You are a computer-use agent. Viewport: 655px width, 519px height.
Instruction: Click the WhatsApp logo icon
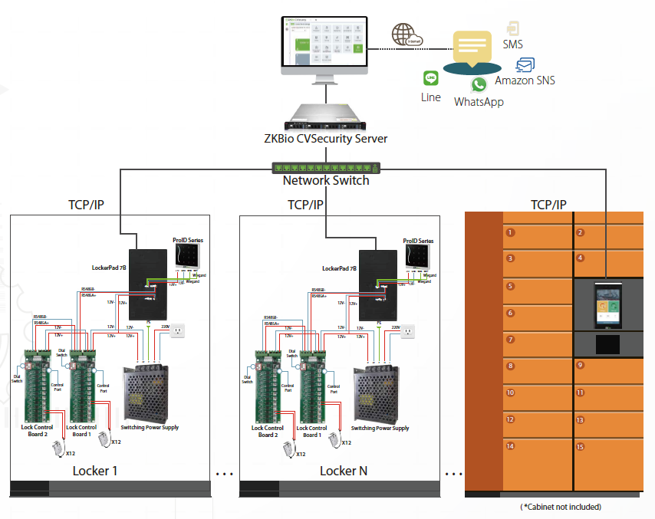[479, 85]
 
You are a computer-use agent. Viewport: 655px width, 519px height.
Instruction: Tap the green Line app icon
[430, 78]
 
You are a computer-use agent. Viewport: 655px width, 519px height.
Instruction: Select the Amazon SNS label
[525, 80]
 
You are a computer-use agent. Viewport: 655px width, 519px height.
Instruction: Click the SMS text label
[512, 44]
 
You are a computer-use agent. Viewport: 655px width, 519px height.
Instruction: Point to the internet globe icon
[402, 34]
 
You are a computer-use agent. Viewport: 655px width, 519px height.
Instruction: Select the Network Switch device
[326, 167]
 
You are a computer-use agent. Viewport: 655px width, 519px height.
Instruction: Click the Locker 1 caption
[95, 471]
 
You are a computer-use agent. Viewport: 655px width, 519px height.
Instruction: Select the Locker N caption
[343, 471]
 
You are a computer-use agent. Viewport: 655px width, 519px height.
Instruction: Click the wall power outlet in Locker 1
[177, 331]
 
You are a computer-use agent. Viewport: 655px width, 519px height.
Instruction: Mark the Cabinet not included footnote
[560, 507]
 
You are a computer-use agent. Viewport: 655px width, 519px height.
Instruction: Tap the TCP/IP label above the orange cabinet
[548, 205]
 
